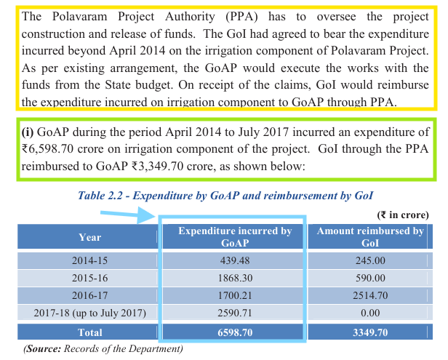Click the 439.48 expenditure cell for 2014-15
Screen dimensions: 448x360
pyautogui.click(x=235, y=260)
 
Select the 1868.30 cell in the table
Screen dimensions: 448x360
pyautogui.click(x=235, y=278)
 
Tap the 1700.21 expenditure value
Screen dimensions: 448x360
pyautogui.click(x=235, y=295)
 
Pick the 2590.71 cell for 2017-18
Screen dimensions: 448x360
pyautogui.click(x=235, y=313)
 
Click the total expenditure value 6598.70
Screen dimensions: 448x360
pyautogui.click(x=235, y=332)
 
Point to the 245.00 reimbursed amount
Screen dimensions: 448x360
pyautogui.click(x=370, y=260)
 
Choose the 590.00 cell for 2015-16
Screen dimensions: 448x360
pyautogui.click(x=370, y=278)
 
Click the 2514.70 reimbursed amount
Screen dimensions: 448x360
pyautogui.click(x=370, y=295)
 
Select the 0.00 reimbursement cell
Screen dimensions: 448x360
pyautogui.click(x=370, y=313)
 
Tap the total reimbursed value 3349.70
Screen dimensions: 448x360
pyautogui.click(x=370, y=332)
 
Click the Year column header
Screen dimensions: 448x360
pyautogui.click(x=89, y=237)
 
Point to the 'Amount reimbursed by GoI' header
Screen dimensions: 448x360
pyautogui.click(x=370, y=237)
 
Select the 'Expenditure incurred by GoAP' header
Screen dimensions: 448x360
pyautogui.click(x=235, y=237)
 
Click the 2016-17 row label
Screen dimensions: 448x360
pyautogui.click(x=89, y=295)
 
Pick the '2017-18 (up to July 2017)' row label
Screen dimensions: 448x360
pyautogui.click(x=89, y=313)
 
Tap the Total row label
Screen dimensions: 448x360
pyautogui.click(x=89, y=332)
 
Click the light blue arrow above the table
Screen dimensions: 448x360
pyautogui.click(x=128, y=215)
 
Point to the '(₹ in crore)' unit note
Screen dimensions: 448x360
pyautogui.click(x=403, y=215)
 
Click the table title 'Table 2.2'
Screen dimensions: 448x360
pyautogui.click(x=100, y=196)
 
